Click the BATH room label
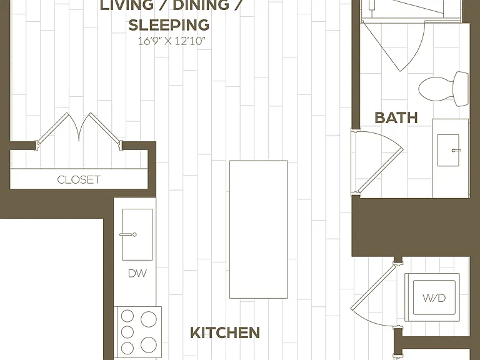396,118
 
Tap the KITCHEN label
225,332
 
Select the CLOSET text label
79,180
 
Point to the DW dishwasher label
137,273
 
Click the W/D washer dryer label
434,297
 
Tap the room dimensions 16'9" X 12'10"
171,41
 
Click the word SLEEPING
169,25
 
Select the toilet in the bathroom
443,89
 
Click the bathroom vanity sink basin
448,150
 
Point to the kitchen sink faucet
128,234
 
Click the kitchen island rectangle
259,229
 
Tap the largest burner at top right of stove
149,319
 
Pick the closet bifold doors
79,130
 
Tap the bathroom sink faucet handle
456,150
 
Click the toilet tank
461,89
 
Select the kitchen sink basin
137,234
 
